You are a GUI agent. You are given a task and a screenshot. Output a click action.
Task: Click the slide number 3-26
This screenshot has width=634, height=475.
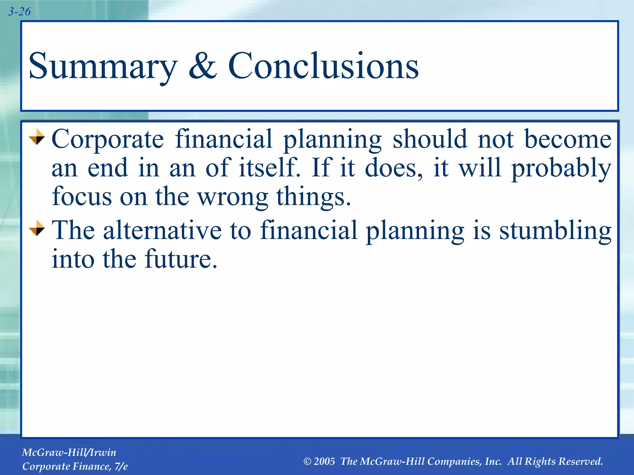tap(19, 12)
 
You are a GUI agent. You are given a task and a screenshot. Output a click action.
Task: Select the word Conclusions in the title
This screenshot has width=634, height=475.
tap(323, 66)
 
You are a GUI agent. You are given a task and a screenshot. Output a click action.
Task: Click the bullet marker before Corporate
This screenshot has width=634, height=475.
tap(37, 137)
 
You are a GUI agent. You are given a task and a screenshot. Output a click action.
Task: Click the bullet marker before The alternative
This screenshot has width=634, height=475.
tap(37, 228)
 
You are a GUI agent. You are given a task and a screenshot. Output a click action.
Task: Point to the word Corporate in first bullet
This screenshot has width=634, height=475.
tap(108, 139)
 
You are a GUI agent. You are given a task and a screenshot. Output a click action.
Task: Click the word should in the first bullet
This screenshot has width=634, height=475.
tap(430, 139)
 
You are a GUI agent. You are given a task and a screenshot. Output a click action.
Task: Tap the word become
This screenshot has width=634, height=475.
tap(568, 139)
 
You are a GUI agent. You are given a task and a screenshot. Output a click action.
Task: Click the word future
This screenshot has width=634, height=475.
tap(181, 259)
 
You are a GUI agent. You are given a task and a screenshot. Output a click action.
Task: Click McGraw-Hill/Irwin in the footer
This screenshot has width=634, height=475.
tap(69, 452)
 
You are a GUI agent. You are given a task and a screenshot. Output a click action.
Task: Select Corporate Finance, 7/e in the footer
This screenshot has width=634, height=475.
tap(75, 466)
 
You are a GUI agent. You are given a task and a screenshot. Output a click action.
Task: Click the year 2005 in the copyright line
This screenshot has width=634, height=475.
tap(324, 461)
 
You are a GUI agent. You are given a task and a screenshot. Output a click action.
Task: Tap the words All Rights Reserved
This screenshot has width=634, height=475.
tap(555, 461)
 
